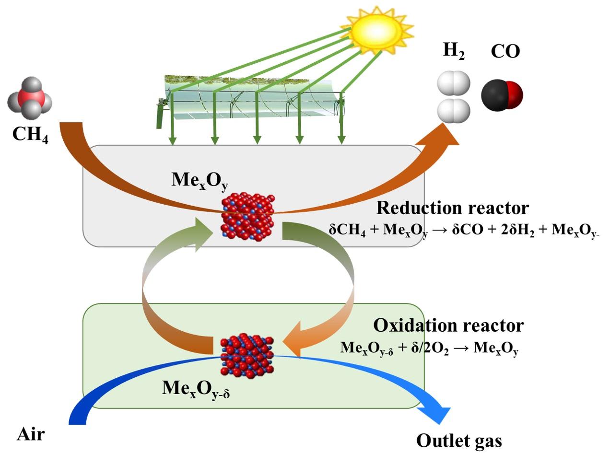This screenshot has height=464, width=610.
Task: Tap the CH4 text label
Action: coord(30,134)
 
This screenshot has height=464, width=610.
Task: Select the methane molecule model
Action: coord(29,98)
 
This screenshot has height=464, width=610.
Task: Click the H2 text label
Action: coord(454,50)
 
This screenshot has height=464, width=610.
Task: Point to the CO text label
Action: coord(505,51)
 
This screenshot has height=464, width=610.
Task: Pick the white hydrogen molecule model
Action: coord(454,97)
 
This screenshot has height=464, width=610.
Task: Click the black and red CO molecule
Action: coord(501,95)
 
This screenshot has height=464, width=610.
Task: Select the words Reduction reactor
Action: coord(452,208)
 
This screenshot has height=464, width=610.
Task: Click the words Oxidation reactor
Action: coord(448,325)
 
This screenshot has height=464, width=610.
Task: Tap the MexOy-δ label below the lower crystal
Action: coord(196,388)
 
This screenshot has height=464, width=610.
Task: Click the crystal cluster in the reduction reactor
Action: coord(247,217)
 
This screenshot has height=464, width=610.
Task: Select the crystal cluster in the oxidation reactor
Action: coord(246,356)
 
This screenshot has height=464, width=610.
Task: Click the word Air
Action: coord(31,434)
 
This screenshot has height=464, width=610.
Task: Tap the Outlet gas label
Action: coord(459,441)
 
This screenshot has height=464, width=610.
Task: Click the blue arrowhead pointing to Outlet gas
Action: coord(437,413)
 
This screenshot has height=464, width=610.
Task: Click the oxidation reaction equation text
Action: coord(429,348)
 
